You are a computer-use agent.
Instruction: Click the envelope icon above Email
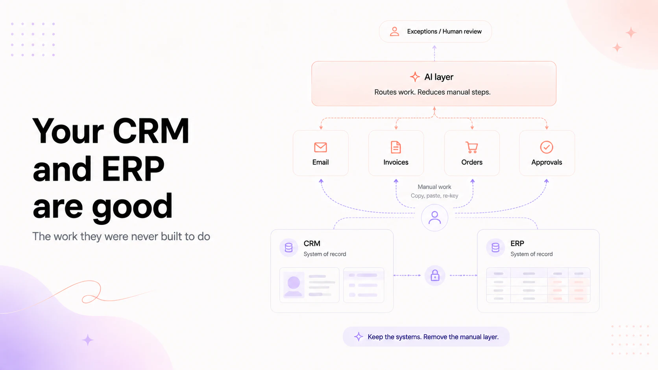[320, 147]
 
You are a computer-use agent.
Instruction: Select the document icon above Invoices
[396, 147]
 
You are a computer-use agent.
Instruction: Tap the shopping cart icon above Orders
[472, 147]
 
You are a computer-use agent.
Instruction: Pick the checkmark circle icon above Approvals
[546, 147]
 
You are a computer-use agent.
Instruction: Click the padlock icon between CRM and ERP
[435, 276]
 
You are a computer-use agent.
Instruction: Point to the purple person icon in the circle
[434, 218]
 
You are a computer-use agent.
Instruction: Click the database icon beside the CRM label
[288, 248]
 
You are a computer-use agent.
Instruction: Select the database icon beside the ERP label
[495, 248]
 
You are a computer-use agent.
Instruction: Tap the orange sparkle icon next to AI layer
[415, 77]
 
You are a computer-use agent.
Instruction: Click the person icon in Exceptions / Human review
[394, 31]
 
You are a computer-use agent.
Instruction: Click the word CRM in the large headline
[151, 131]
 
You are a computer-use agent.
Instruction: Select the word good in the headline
[132, 207]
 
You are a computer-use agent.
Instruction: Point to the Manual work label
[434, 187]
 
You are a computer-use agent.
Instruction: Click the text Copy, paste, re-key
[434, 196]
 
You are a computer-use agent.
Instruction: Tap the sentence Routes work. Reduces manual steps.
[432, 92]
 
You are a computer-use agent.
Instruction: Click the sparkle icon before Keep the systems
[359, 337]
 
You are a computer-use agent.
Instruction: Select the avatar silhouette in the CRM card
[294, 285]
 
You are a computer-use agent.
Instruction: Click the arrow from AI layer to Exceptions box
[434, 53]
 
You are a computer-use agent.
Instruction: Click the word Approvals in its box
[546, 162]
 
